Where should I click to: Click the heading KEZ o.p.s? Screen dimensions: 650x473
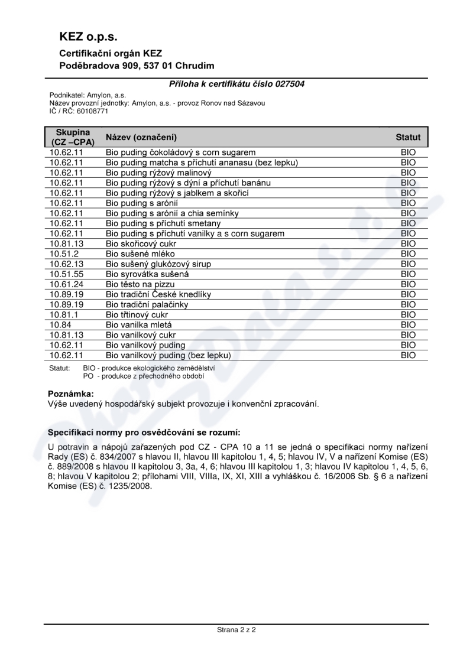88,37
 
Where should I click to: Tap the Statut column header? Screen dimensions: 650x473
408,137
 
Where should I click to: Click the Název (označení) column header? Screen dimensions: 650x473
141,137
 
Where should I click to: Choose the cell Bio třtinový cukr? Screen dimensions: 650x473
137,314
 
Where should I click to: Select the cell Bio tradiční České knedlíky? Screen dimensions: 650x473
158,294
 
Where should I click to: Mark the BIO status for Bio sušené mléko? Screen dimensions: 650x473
408,253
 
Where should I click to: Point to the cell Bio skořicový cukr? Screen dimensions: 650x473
141,243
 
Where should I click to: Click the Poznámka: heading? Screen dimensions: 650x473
70,393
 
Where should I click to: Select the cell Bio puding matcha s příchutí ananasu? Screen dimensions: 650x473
202,162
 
